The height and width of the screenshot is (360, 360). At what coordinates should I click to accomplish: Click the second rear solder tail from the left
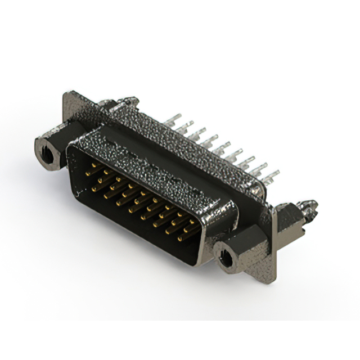point(186,125)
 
